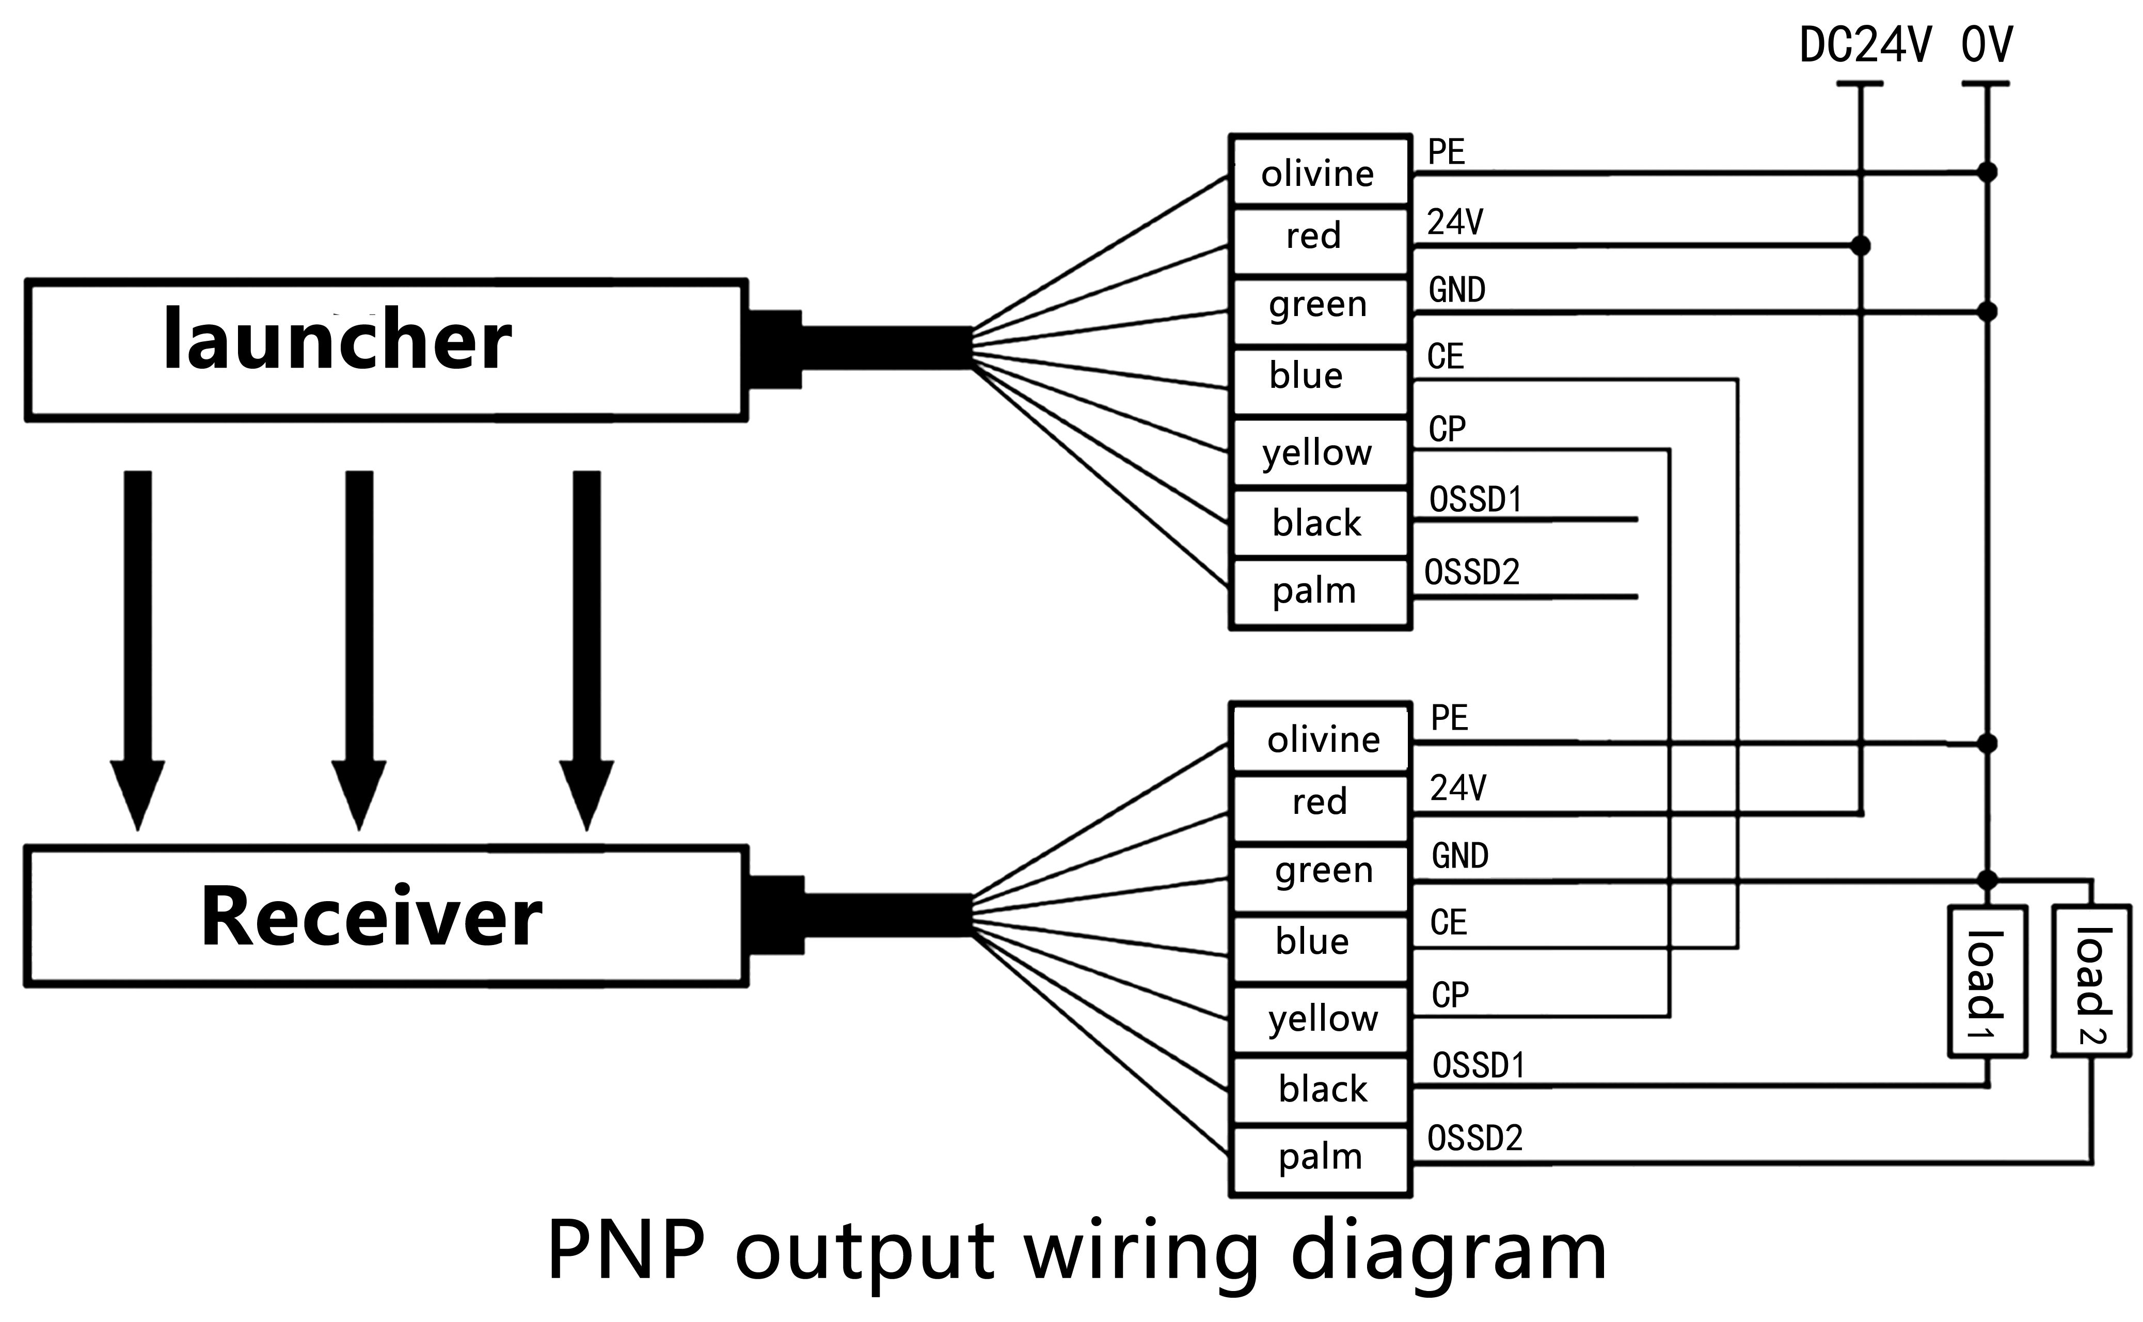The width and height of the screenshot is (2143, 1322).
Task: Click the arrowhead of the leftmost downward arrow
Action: [137, 791]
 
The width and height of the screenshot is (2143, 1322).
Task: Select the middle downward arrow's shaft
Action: [359, 612]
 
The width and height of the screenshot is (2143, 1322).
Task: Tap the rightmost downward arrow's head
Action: [586, 791]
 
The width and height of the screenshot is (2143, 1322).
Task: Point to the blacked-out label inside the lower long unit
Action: [373, 914]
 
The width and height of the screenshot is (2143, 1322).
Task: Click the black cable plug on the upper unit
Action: [774, 349]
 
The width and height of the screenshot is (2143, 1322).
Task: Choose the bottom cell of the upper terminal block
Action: [1320, 593]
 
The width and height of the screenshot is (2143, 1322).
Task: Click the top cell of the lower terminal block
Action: [1320, 739]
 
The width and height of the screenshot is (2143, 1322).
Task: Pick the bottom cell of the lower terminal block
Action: [1320, 1160]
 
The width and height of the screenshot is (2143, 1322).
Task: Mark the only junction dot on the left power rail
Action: [1861, 246]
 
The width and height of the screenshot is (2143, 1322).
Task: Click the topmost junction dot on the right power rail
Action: [1988, 172]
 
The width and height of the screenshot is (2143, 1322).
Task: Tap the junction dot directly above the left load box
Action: [1988, 879]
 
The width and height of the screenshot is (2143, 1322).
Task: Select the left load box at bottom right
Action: [1988, 982]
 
